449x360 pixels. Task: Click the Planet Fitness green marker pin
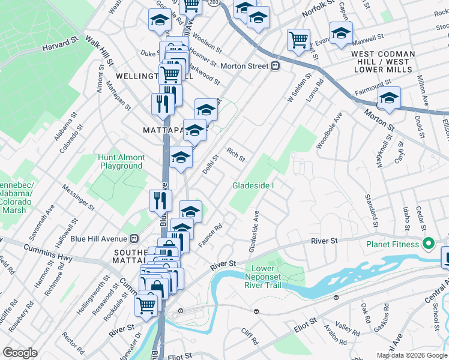428,244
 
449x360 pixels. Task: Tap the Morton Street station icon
275,66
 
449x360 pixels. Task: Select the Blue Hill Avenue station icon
134,238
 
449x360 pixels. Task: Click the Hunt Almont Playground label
122,161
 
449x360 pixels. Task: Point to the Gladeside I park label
253,185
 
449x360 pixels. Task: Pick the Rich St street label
236,155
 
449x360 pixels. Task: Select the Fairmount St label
373,91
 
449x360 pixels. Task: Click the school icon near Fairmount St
389,98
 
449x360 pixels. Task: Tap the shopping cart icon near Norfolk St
298,40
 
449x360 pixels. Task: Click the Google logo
20,353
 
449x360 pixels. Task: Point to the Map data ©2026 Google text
411,355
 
